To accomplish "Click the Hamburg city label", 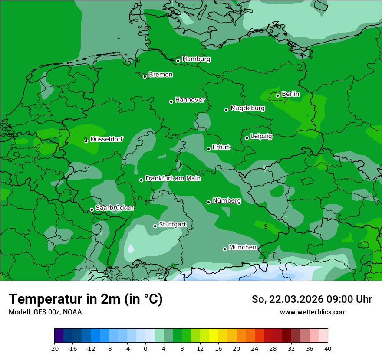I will (196, 59).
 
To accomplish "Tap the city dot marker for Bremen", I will (145, 76).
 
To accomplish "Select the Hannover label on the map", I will (190, 100).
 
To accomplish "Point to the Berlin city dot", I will (277, 95).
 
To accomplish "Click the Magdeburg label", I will (247, 108).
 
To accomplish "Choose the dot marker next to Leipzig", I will (247, 138).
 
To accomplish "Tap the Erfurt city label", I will (221, 147).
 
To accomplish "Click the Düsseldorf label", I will (106, 139).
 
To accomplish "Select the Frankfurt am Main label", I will (173, 178).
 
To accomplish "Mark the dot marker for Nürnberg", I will (208, 202).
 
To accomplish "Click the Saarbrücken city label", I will (115, 208).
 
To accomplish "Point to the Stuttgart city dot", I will (155, 226).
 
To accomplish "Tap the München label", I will (242, 247).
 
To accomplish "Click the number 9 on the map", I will (266, 226).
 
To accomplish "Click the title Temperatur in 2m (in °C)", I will (86, 299).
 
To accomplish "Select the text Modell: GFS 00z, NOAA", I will (45, 312).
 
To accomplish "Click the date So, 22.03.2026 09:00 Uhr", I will (312, 299).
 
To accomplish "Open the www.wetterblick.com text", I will (313, 312).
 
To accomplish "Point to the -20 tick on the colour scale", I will (54, 348).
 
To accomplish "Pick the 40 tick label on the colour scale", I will (327, 348).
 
